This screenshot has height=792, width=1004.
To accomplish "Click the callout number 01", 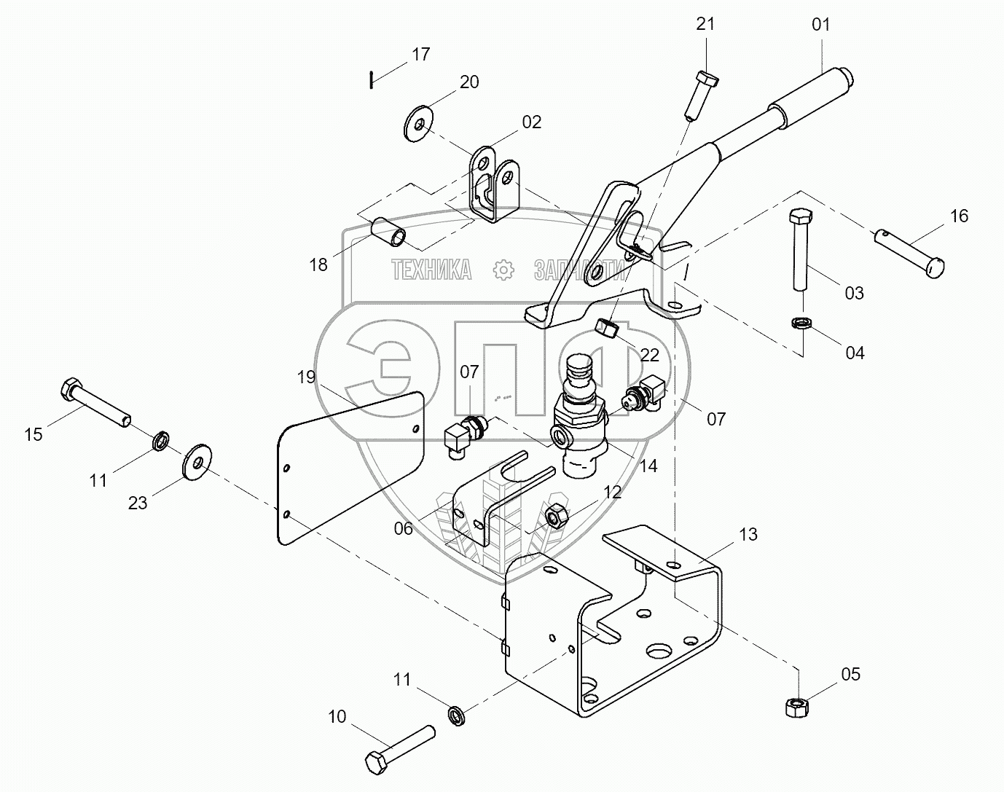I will (820, 25).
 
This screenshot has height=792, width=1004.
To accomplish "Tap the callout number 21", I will (705, 24).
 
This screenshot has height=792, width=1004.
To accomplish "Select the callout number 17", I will (421, 55).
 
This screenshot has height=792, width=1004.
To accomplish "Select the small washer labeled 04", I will (801, 323).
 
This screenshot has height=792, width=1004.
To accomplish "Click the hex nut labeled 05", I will (795, 706).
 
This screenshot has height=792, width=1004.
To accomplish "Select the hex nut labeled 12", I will (557, 516).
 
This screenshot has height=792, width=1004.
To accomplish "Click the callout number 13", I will (748, 535).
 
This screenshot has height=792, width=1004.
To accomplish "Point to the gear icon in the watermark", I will (503, 270).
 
